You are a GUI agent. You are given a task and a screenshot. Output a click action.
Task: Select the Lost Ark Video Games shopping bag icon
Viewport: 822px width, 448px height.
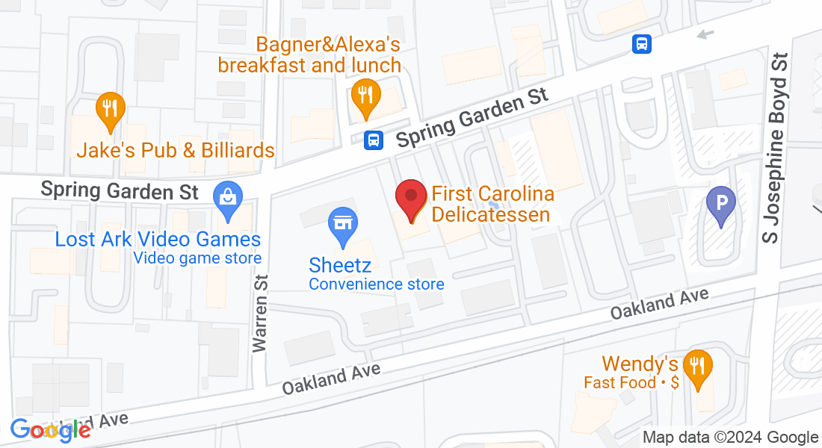tap(226, 199)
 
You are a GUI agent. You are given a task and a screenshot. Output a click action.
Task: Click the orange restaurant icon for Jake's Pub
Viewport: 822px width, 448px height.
tap(111, 108)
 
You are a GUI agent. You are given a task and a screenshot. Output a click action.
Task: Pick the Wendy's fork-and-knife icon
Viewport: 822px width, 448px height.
tap(698, 367)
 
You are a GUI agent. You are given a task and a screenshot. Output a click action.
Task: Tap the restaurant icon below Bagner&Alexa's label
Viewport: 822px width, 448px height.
tap(365, 96)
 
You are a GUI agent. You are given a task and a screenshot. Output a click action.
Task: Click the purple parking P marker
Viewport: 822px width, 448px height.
tap(721, 203)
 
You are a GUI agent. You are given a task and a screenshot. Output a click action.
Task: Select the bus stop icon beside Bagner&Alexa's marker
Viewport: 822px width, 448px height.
tap(374, 139)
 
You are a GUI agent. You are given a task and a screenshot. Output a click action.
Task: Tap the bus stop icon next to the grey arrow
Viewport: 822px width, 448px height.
tap(641, 44)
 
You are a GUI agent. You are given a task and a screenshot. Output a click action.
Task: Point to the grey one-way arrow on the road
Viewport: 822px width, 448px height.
tap(705, 34)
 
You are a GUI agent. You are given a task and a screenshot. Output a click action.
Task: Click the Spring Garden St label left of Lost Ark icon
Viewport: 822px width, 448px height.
tap(120, 190)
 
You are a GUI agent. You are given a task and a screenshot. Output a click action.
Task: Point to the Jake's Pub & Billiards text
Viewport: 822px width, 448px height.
tap(176, 151)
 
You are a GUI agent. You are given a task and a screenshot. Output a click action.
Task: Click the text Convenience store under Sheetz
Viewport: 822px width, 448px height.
tap(377, 284)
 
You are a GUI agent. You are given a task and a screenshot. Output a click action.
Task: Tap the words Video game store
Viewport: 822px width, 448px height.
tap(197, 258)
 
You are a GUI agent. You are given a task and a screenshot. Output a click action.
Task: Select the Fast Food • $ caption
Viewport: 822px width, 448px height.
tap(631, 382)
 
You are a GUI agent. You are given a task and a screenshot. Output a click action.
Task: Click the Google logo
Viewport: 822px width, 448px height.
tap(51, 429)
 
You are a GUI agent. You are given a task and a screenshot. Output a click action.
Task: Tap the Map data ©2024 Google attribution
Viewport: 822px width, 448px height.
tap(731, 438)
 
